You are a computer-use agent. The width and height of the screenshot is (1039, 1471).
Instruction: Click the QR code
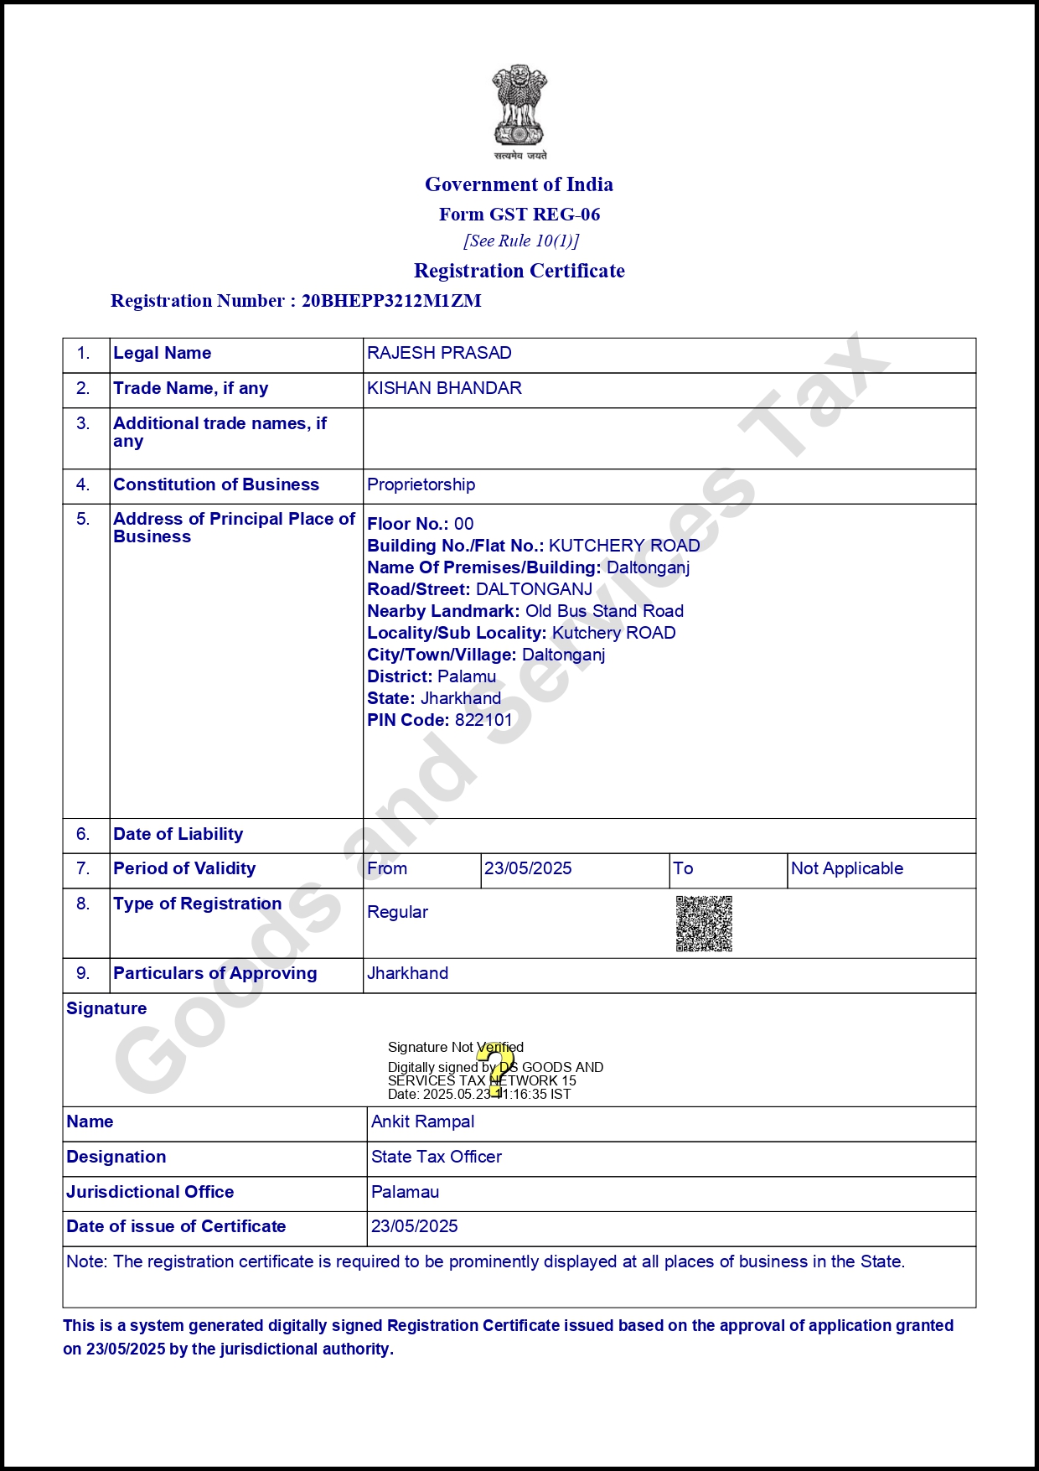point(704,924)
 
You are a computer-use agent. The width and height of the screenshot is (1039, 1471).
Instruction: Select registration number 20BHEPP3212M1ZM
point(391,301)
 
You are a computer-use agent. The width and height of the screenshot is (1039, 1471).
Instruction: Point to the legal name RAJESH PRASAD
point(439,353)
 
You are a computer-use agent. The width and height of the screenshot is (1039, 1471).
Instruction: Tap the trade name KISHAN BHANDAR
point(444,388)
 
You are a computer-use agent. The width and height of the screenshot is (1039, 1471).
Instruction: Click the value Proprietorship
point(421,484)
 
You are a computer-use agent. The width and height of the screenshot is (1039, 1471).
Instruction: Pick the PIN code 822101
point(483,720)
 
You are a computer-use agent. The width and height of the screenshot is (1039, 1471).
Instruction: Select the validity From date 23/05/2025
point(528,868)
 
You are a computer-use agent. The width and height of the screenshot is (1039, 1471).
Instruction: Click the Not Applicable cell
point(847,868)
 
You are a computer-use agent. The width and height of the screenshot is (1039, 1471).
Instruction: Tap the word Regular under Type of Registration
point(397,912)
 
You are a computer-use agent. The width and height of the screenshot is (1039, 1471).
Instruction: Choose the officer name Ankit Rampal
point(422,1121)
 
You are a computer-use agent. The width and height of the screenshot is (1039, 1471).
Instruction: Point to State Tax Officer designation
point(437,1157)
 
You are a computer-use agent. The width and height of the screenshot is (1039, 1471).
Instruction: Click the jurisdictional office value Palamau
point(405,1192)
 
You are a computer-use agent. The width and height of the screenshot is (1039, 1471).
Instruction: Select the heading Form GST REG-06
point(519,215)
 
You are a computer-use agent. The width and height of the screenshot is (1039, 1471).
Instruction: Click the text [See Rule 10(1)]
point(521,241)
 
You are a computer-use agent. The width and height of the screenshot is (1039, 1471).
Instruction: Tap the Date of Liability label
point(178,834)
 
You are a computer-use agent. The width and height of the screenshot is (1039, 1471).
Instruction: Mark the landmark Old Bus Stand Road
point(604,611)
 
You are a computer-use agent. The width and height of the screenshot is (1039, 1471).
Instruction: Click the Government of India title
point(519,184)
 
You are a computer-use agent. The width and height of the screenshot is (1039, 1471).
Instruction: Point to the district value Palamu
point(467,676)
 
